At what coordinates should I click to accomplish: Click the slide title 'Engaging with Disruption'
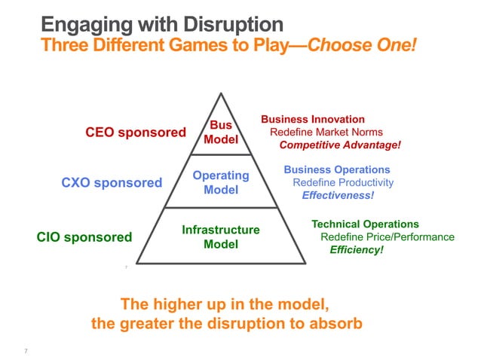click(x=161, y=23)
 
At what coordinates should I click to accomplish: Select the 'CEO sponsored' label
click(x=135, y=133)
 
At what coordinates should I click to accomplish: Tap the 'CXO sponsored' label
click(x=111, y=183)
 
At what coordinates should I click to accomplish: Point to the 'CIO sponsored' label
click(x=84, y=238)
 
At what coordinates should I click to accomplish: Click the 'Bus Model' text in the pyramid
click(x=220, y=133)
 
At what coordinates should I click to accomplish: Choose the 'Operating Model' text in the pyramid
click(x=221, y=182)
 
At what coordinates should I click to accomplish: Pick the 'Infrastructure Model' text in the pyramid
click(x=221, y=236)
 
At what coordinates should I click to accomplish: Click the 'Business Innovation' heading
click(x=313, y=120)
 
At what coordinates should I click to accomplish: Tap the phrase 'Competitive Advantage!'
click(x=340, y=145)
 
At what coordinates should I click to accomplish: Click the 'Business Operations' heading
click(x=337, y=170)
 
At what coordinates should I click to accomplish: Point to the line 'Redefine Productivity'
click(x=343, y=183)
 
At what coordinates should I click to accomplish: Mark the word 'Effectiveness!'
click(x=338, y=196)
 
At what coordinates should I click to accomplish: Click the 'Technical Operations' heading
click(x=365, y=224)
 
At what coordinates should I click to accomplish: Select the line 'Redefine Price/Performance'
click(x=388, y=237)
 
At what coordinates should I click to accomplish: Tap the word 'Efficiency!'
click(x=357, y=250)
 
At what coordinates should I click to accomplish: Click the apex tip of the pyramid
click(x=221, y=93)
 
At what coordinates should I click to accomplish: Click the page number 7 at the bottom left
click(x=26, y=351)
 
